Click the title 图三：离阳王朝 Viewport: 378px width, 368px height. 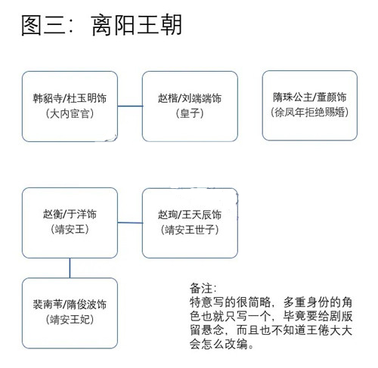coord(101,25)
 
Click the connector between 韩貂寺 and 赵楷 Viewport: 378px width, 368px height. coord(130,106)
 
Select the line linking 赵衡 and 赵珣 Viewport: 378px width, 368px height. coord(130,223)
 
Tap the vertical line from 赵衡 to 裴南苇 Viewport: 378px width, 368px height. coord(70,268)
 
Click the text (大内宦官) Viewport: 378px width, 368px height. coord(70,114)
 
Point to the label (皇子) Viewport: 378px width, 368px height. coord(190,113)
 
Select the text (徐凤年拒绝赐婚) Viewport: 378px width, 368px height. coord(310,112)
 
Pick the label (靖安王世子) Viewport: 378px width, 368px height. coord(190,230)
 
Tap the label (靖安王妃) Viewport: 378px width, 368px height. coord(70,320)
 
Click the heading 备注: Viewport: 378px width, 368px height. coord(203,289)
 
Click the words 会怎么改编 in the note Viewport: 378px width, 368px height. coord(218,344)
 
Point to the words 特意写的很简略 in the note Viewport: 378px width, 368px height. coord(231,302)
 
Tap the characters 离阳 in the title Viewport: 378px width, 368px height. coord(113,25)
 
